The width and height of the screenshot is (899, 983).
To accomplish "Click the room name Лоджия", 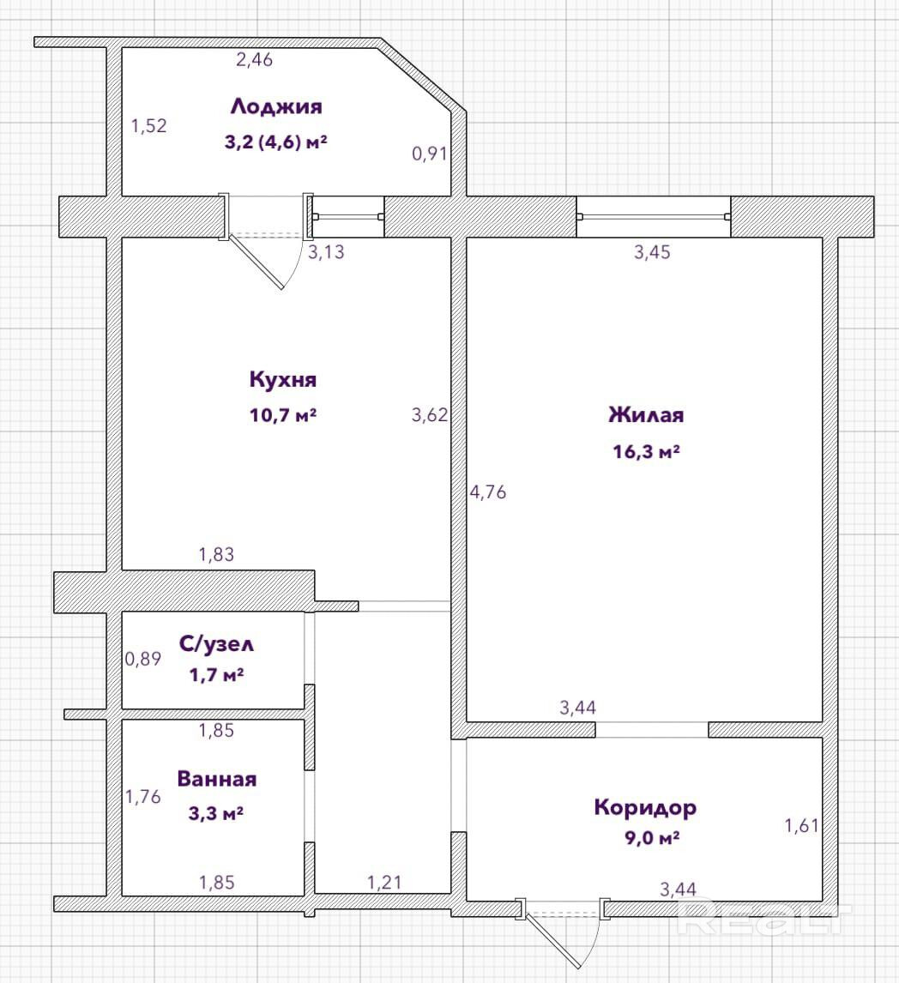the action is pos(275,107).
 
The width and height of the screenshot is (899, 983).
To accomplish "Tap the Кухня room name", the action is pos(283,379).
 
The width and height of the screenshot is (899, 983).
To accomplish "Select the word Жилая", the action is pos(646,415).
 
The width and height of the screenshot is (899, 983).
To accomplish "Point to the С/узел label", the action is pos(216,643).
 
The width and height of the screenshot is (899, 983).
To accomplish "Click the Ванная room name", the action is pos(216,779).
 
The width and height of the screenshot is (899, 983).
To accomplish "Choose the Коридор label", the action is pos(645,807).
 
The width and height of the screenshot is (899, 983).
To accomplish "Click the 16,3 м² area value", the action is pos(646,451).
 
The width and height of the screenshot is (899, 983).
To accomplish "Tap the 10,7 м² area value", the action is pos(283,415).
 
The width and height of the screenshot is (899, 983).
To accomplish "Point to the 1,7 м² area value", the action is pos(216,675).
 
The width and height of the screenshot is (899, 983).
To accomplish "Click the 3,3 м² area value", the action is pos(216,811).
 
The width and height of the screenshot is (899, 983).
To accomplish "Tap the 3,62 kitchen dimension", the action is pos(430,415).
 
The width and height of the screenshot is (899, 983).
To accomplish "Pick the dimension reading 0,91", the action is pos(429,154).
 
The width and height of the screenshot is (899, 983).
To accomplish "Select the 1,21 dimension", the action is pos(384,881).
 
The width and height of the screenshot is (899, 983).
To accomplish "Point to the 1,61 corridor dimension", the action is pos(802,826).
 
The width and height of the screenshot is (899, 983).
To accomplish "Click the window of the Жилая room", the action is pos(653,216).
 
